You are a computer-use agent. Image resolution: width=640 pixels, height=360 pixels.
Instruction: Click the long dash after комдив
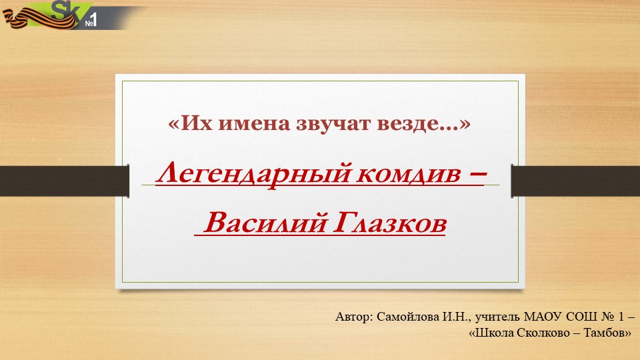click(x=473, y=175)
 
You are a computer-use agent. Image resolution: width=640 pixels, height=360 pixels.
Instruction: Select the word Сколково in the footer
click(x=538, y=331)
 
